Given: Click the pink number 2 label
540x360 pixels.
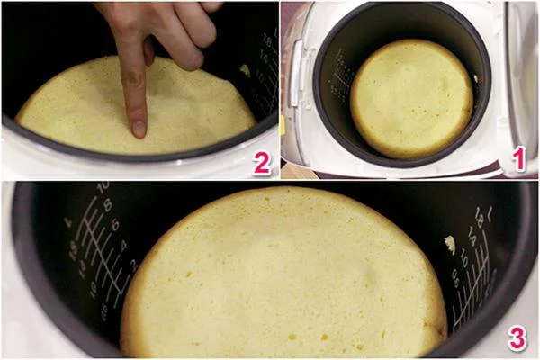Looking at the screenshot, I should click(261, 162).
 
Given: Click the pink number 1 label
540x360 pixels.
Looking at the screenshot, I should click(517, 160).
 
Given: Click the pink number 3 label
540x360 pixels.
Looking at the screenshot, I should click(517, 338).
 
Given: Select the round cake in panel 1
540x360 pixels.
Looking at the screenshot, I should click(410, 97).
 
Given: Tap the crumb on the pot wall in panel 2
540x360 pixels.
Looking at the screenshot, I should click(245, 69).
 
